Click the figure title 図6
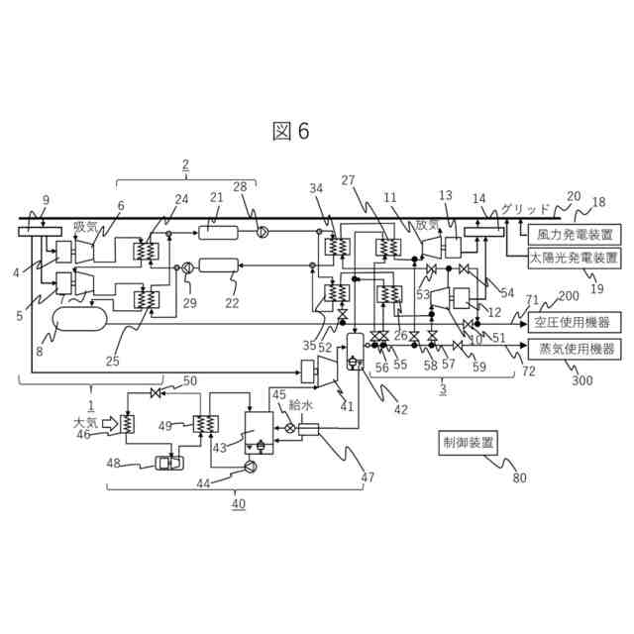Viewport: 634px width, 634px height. (291, 132)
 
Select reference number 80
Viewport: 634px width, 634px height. (520, 479)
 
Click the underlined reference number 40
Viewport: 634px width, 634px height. (238, 504)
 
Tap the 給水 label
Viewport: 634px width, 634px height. (300, 406)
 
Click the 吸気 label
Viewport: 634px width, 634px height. (85, 227)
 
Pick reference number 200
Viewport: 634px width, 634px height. (568, 296)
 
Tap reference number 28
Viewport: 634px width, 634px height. (240, 187)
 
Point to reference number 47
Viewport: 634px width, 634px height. (368, 477)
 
